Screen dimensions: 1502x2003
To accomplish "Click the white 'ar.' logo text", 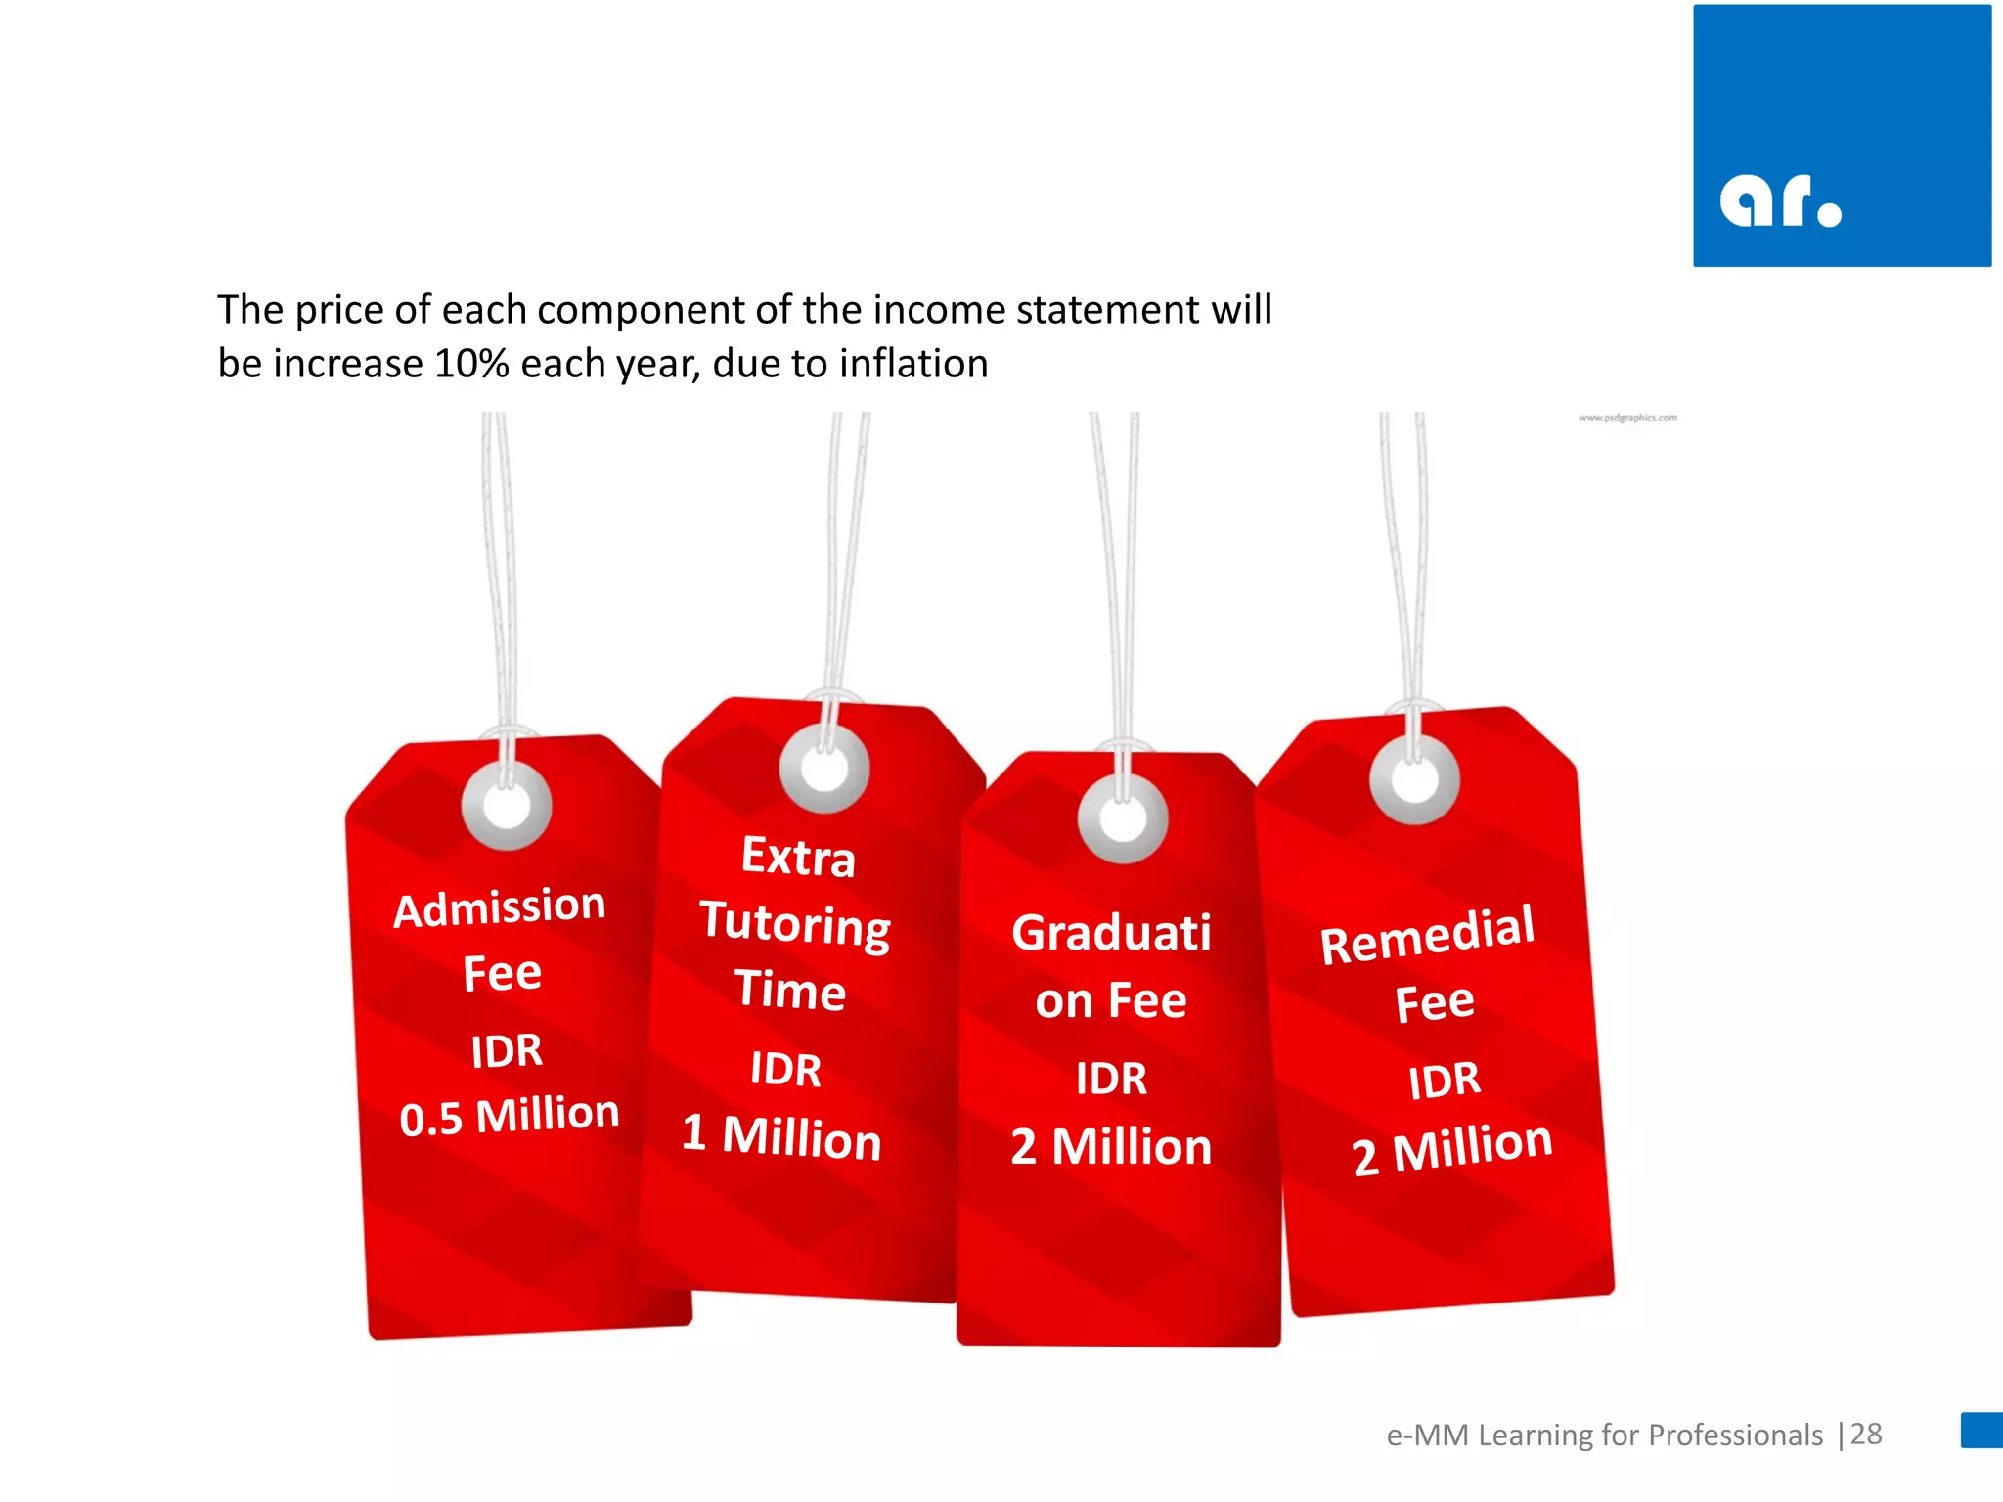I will [x=1780, y=201].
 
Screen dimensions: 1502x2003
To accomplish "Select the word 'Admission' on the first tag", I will [x=500, y=906].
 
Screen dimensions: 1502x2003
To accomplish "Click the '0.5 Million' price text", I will [x=510, y=1116].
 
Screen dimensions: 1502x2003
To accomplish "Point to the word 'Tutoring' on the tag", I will [x=795, y=924].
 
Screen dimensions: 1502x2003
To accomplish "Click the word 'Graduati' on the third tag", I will [x=1111, y=932].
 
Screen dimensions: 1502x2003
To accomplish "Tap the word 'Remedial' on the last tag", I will [x=1427, y=934].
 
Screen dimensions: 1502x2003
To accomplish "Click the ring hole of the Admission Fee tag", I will [x=507, y=806].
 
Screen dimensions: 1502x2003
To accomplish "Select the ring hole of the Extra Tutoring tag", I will [x=824, y=768].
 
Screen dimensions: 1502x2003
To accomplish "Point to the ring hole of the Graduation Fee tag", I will [x=1123, y=818].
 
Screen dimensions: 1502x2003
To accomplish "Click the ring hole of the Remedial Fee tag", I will [x=1414, y=780].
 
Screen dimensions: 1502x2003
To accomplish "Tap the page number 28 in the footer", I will [x=1866, y=1434].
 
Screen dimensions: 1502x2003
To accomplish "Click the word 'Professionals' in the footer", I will [x=1736, y=1435].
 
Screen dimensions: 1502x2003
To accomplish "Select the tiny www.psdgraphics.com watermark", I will [x=1627, y=418].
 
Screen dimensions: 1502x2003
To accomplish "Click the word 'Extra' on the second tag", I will [x=798, y=857].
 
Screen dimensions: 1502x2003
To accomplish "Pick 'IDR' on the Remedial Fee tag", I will [x=1445, y=1081].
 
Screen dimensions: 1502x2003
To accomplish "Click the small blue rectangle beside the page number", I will [x=1981, y=1430].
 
